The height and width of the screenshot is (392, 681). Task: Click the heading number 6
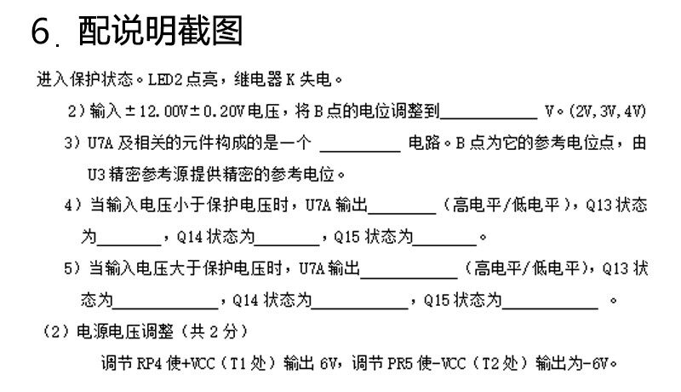pyautogui.click(x=43, y=32)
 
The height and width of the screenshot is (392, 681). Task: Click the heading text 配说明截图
pyautogui.click(x=161, y=32)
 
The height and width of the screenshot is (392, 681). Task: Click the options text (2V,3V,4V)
pyautogui.click(x=608, y=112)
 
